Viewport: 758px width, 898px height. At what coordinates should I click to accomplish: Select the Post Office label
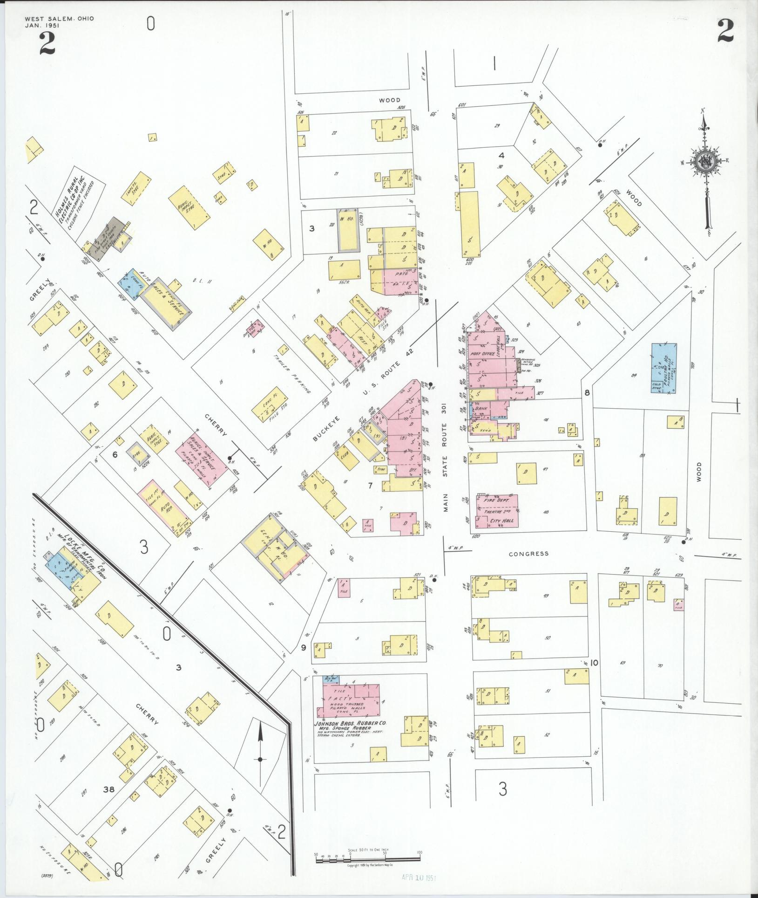[x=482, y=354]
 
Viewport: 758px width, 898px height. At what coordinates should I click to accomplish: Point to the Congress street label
[x=528, y=554]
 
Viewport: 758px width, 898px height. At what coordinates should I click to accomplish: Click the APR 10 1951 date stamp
[x=419, y=877]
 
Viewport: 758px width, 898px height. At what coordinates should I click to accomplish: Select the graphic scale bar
[x=368, y=857]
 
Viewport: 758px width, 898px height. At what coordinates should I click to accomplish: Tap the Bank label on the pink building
[x=481, y=408]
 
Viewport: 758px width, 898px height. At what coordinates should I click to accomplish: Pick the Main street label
[x=446, y=500]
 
